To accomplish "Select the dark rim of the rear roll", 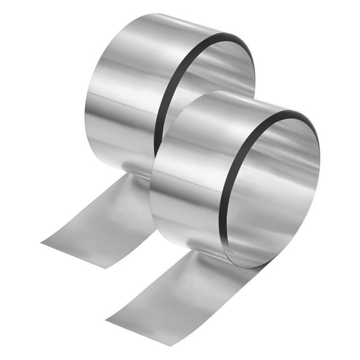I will (164, 94).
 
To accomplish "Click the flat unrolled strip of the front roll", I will (169, 294).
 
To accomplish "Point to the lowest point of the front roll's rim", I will (250, 267).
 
